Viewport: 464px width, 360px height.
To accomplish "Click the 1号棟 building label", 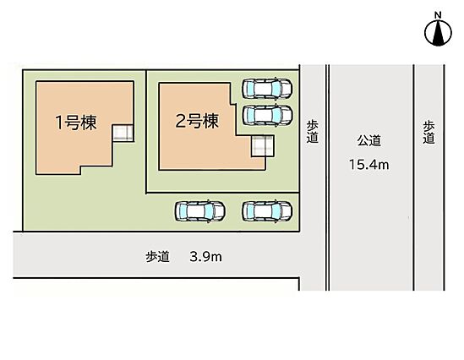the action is (76, 123).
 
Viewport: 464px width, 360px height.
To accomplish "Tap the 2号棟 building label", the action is (197, 121).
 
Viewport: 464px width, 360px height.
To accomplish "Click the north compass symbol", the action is (438, 33).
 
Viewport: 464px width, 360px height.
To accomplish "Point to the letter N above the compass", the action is (438, 14).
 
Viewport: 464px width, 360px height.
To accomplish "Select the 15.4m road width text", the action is (368, 165).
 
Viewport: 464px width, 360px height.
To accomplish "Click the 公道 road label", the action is (368, 140).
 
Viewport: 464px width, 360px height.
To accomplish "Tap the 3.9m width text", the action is (205, 256).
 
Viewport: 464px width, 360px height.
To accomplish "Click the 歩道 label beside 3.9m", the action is (157, 256).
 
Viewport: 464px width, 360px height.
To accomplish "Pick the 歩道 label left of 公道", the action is (312, 132).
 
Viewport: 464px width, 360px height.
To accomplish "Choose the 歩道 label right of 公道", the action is (429, 132).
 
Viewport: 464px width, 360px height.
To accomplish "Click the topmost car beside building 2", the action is (267, 88).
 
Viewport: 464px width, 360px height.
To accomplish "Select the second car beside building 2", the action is (267, 115).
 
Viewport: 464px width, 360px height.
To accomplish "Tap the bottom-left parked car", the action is (199, 211).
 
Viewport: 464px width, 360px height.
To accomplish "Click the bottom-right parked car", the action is (267, 211).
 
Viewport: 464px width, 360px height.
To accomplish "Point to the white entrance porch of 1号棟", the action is (123, 133).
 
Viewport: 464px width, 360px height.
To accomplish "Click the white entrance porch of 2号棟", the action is (263, 146).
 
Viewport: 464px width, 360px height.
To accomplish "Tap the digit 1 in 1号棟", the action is (59, 123).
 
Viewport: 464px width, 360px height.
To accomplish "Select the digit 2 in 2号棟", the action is (180, 122).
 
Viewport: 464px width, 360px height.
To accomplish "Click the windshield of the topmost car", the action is (276, 88).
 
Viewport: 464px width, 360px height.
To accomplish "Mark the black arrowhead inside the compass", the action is (438, 34).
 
